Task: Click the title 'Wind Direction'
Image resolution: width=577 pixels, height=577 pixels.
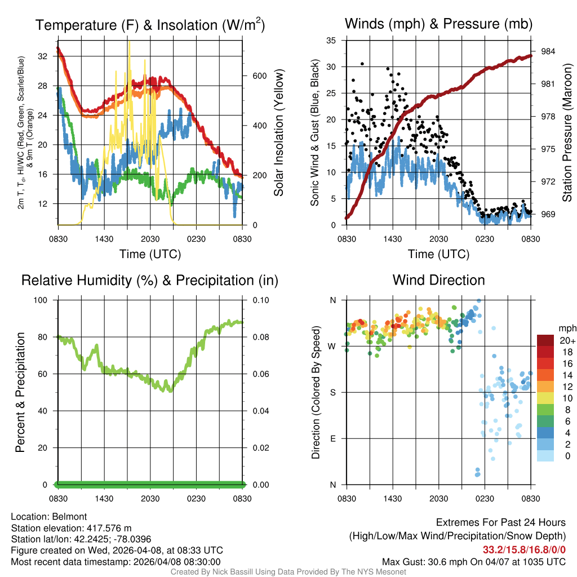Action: click(438, 280)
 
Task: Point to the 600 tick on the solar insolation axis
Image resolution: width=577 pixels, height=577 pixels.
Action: click(259, 76)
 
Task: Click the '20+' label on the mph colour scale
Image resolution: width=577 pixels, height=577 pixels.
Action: click(567, 340)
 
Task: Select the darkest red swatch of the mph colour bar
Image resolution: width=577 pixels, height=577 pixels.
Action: click(545, 340)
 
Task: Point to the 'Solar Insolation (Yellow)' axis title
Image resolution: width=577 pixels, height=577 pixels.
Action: click(279, 133)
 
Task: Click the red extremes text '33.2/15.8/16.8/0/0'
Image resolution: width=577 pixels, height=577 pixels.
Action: click(524, 550)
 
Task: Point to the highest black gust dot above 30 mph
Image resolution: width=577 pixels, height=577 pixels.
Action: click(362, 64)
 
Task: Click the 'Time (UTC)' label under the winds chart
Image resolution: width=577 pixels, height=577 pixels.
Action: click(438, 254)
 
